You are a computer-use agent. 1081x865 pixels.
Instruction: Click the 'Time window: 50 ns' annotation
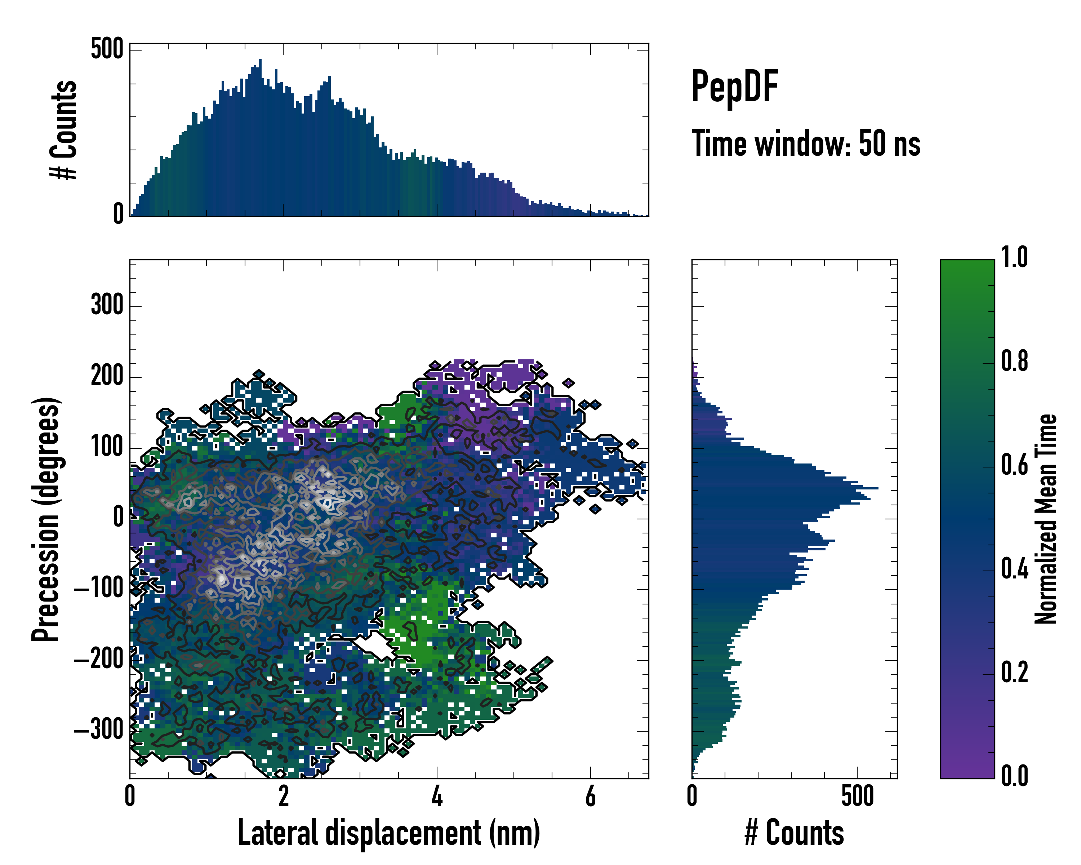tap(806, 143)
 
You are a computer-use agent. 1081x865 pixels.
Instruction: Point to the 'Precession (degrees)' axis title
tap(46, 519)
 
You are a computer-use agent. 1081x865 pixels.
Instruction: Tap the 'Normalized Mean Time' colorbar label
tap(1046, 519)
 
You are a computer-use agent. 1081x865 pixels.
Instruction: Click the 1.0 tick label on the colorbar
tap(1014, 257)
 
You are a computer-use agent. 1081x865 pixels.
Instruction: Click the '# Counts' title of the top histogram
tap(64, 129)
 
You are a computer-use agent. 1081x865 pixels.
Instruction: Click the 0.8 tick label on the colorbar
tap(1014, 361)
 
